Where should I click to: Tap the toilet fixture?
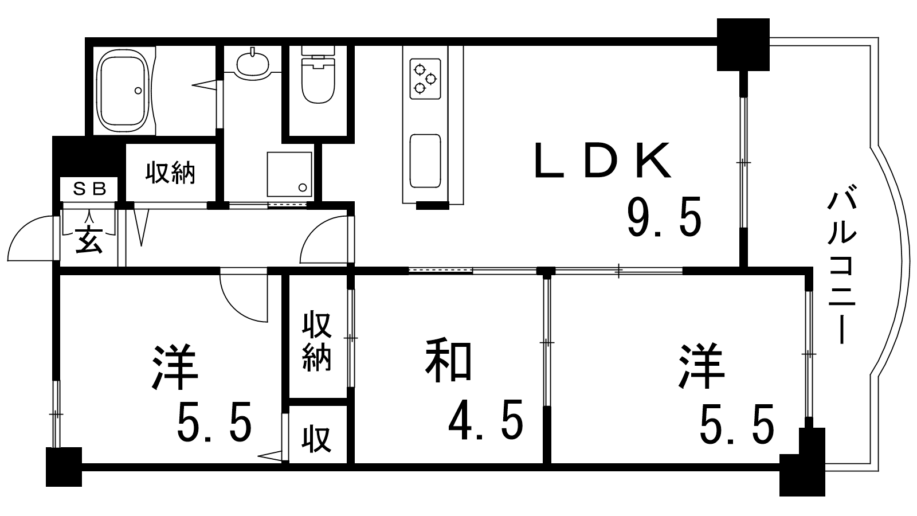coord(318,80)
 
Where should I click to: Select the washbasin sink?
coord(252,62)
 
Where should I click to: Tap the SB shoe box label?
coord(89,189)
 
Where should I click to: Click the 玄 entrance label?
coord(89,240)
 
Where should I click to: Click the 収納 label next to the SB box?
coord(170,172)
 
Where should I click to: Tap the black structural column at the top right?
coord(743,44)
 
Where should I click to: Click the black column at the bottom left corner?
coord(64,466)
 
